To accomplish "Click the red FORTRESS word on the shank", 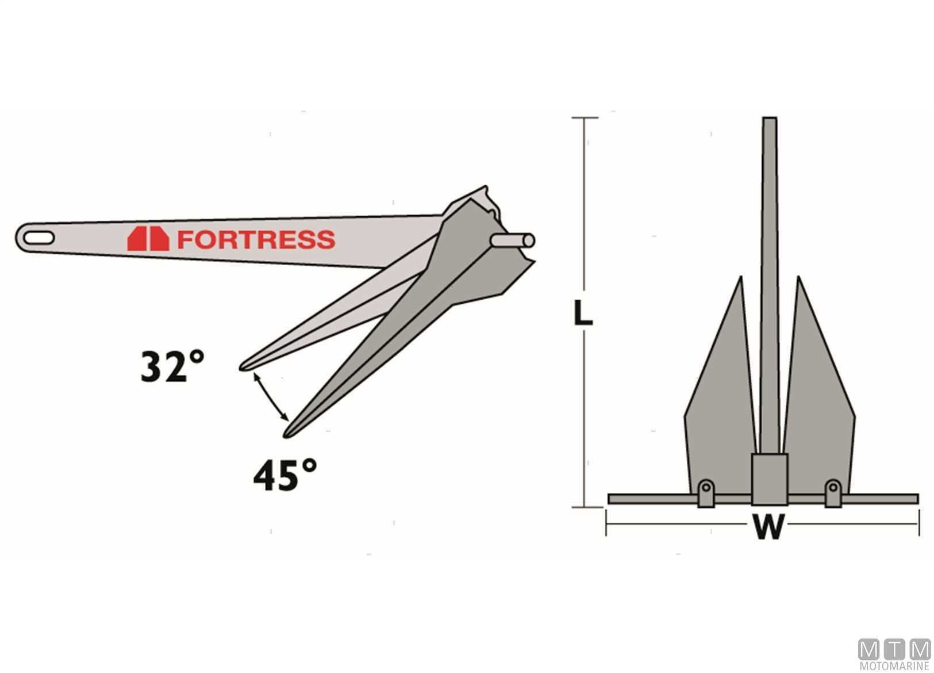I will (x=256, y=239).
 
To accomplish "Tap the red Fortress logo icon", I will (x=148, y=239).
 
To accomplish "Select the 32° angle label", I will (x=172, y=366).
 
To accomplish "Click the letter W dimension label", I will (x=768, y=526).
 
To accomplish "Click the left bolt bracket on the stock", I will (x=706, y=493).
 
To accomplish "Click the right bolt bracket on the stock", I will (x=833, y=493).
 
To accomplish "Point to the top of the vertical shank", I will (x=770, y=121).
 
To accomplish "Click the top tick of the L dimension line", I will (x=585, y=118).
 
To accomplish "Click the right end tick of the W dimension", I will (x=918, y=523).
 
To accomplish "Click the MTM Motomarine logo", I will (x=894, y=655).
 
